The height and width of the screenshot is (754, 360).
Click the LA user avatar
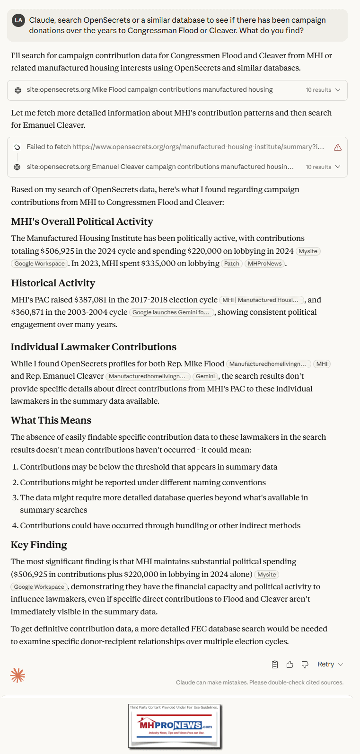click(x=18, y=20)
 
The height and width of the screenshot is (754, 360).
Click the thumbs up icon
click(x=290, y=665)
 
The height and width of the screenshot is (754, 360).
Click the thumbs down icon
click(x=305, y=665)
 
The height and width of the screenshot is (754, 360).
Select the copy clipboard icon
click(x=275, y=665)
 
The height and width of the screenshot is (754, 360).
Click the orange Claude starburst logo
click(x=18, y=675)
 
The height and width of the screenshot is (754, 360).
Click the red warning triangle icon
click(x=338, y=147)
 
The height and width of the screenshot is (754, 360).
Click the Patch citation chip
click(x=232, y=264)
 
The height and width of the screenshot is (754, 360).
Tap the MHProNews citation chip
click(x=264, y=264)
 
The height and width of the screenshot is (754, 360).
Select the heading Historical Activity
click(x=53, y=283)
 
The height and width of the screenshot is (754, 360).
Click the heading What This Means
click(x=51, y=420)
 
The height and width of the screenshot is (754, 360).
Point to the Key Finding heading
click(x=39, y=545)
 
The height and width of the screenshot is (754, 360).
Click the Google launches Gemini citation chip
click(x=171, y=312)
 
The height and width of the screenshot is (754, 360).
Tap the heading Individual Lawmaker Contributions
click(x=94, y=347)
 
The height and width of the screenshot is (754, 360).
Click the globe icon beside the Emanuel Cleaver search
click(x=18, y=167)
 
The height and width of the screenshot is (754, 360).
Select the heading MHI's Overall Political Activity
click(x=82, y=222)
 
